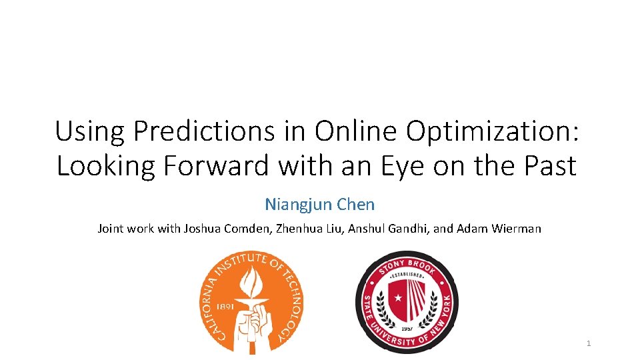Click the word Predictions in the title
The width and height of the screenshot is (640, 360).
coord(203,132)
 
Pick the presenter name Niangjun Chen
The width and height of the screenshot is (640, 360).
coord(320,204)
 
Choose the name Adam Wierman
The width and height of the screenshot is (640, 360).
coord(499,229)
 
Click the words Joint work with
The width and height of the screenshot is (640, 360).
coord(134,229)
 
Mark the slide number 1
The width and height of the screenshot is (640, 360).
coord(589,343)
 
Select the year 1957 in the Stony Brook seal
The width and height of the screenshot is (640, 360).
coord(406,329)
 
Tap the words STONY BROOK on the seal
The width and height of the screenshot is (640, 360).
coord(407,263)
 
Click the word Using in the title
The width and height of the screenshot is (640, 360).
coord(91,132)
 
